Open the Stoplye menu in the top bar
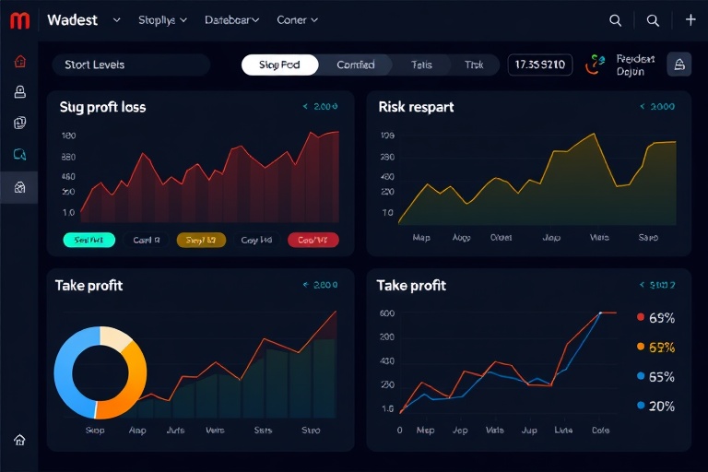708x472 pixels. pos(161,19)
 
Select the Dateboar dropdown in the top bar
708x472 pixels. pos(231,19)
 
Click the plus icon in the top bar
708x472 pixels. pos(690,19)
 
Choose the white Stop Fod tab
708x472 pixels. pos(279,65)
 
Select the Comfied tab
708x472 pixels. pos(356,65)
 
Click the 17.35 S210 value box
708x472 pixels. pos(540,65)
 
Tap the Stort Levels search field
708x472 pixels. pos(129,65)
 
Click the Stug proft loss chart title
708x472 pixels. pos(102,107)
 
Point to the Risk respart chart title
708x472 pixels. pos(416,107)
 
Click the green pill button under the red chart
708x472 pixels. pos(88,240)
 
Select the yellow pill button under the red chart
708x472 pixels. pos(201,240)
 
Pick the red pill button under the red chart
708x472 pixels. pos(313,240)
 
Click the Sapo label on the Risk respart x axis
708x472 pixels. pos(648,237)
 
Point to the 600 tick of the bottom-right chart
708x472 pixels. pos(387,313)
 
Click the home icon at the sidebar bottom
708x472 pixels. pos(19,440)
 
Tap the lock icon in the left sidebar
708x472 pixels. pos(19,92)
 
